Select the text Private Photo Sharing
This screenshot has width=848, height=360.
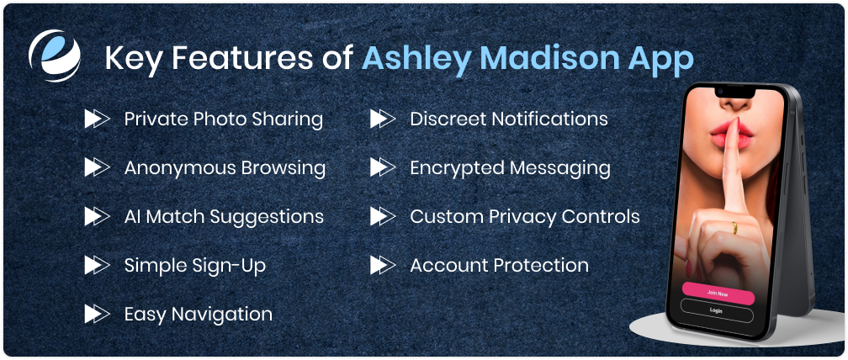pos(223,119)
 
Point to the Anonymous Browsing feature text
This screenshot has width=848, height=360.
pos(225,167)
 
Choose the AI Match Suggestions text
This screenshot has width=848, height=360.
pos(224,216)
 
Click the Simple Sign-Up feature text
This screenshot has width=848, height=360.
pos(194,265)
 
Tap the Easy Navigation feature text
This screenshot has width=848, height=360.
pos(198,314)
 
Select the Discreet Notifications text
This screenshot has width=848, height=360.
pos(508,119)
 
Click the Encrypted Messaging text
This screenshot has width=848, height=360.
pos(510,167)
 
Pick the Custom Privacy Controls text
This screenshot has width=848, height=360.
pos(524,216)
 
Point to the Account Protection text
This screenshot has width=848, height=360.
pos(499,265)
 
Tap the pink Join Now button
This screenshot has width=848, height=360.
pos(717,293)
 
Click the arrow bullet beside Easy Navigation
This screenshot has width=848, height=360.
pos(96,314)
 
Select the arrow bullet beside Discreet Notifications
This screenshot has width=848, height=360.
pos(382,119)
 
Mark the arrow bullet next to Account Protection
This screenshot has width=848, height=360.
pos(382,265)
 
